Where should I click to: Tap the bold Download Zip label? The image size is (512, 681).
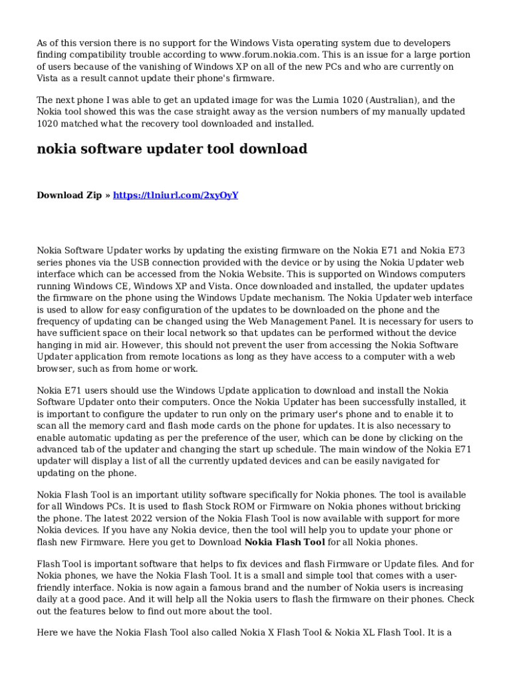click(69, 195)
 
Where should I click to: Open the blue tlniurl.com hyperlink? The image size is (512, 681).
click(176, 195)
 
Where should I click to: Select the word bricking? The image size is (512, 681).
click(440, 507)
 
